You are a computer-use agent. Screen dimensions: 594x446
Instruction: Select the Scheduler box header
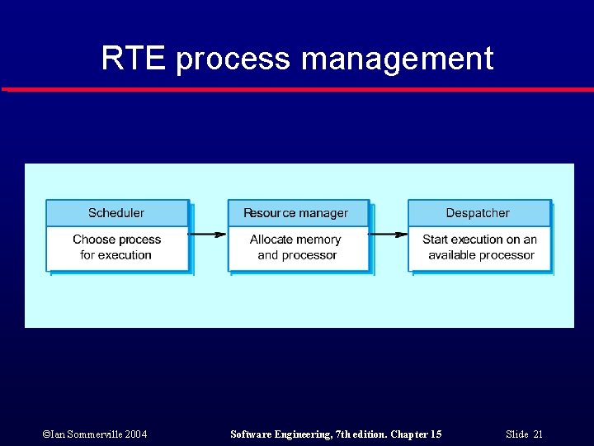pos(116,213)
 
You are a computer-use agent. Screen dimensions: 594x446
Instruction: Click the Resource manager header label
pos(295,213)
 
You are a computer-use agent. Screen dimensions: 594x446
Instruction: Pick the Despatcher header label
pos(478,213)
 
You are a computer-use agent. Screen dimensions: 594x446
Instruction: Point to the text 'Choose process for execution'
pos(116,247)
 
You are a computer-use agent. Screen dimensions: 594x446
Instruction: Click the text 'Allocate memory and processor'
pos(296,247)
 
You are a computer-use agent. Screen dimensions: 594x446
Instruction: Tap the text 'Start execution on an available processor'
pos(479,247)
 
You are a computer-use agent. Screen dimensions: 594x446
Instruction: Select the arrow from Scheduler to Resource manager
pos(208,235)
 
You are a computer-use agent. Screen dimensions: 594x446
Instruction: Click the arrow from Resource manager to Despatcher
pos(389,235)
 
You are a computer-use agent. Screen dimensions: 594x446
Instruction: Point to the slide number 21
pos(538,434)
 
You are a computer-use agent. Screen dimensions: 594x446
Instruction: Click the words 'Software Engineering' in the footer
pos(278,434)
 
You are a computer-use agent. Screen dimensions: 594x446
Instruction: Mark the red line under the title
pos(297,89)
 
